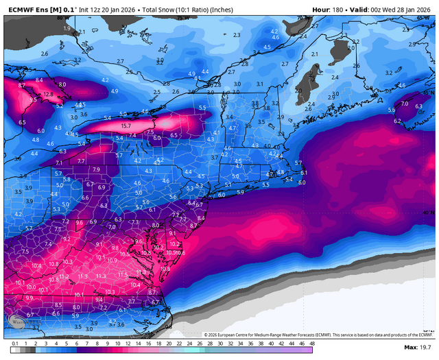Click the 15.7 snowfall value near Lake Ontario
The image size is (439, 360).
[x=126, y=126]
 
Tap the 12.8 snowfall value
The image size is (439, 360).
[x=48, y=94]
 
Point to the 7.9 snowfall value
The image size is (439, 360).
[x=96, y=169]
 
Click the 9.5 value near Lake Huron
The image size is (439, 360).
[x=33, y=99]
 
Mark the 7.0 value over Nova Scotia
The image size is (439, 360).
[x=404, y=104]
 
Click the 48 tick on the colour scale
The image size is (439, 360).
[x=312, y=342]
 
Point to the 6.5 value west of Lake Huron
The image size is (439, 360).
[x=22, y=122]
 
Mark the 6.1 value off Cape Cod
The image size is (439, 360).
[x=302, y=172]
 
